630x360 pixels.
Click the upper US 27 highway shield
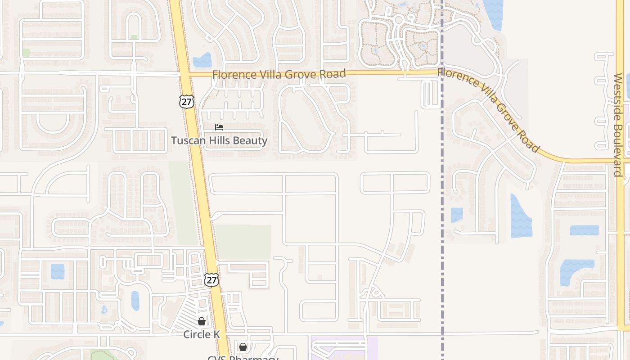pos(186,101)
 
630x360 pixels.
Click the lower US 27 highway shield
pos(211,279)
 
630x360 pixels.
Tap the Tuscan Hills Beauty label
pos(219,141)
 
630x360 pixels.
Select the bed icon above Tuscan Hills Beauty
pos(219,127)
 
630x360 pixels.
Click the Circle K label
pos(201,334)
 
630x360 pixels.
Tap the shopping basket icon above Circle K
pos(202,321)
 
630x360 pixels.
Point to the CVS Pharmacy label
pos(243,358)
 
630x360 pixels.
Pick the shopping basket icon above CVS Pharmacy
pos(243,347)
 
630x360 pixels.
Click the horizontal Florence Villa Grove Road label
pos(279,74)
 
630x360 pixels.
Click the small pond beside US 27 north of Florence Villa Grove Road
pos(202,60)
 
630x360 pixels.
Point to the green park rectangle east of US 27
pos(243,242)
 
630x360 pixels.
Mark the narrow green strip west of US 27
pos(183,202)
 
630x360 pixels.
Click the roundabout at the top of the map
pos(399,19)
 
